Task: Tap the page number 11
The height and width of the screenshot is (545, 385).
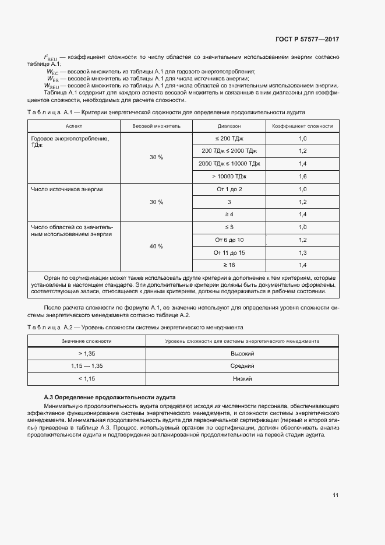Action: (335, 495)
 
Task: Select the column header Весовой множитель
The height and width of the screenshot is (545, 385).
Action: (156, 126)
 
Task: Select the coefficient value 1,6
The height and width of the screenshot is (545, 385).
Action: (302, 176)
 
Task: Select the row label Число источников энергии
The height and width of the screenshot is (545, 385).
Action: (63, 189)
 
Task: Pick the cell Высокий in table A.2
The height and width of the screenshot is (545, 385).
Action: (242, 354)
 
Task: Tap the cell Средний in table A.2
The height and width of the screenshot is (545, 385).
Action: (242, 366)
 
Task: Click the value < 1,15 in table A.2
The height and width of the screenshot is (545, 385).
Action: (87, 378)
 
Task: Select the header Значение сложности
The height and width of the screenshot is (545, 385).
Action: (87, 341)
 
